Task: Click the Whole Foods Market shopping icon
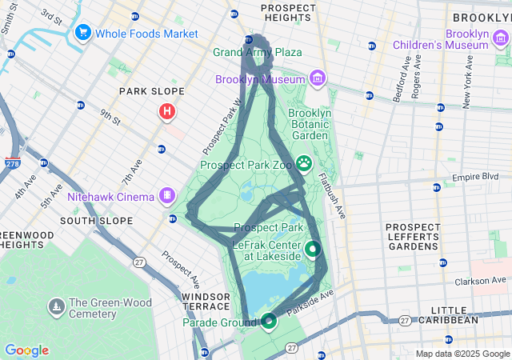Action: (82, 33)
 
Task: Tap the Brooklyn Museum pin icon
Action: (318, 78)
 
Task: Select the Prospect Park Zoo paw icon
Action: (305, 164)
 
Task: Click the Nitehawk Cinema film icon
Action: (167, 194)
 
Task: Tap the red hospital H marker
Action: (166, 111)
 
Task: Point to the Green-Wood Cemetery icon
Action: (56, 306)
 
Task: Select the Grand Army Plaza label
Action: (257, 52)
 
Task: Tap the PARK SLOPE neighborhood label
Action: (152, 91)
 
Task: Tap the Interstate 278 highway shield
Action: (12, 162)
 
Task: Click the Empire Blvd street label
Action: (476, 177)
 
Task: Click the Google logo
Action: (26, 350)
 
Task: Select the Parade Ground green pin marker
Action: (269, 321)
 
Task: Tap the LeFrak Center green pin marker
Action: (313, 248)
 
